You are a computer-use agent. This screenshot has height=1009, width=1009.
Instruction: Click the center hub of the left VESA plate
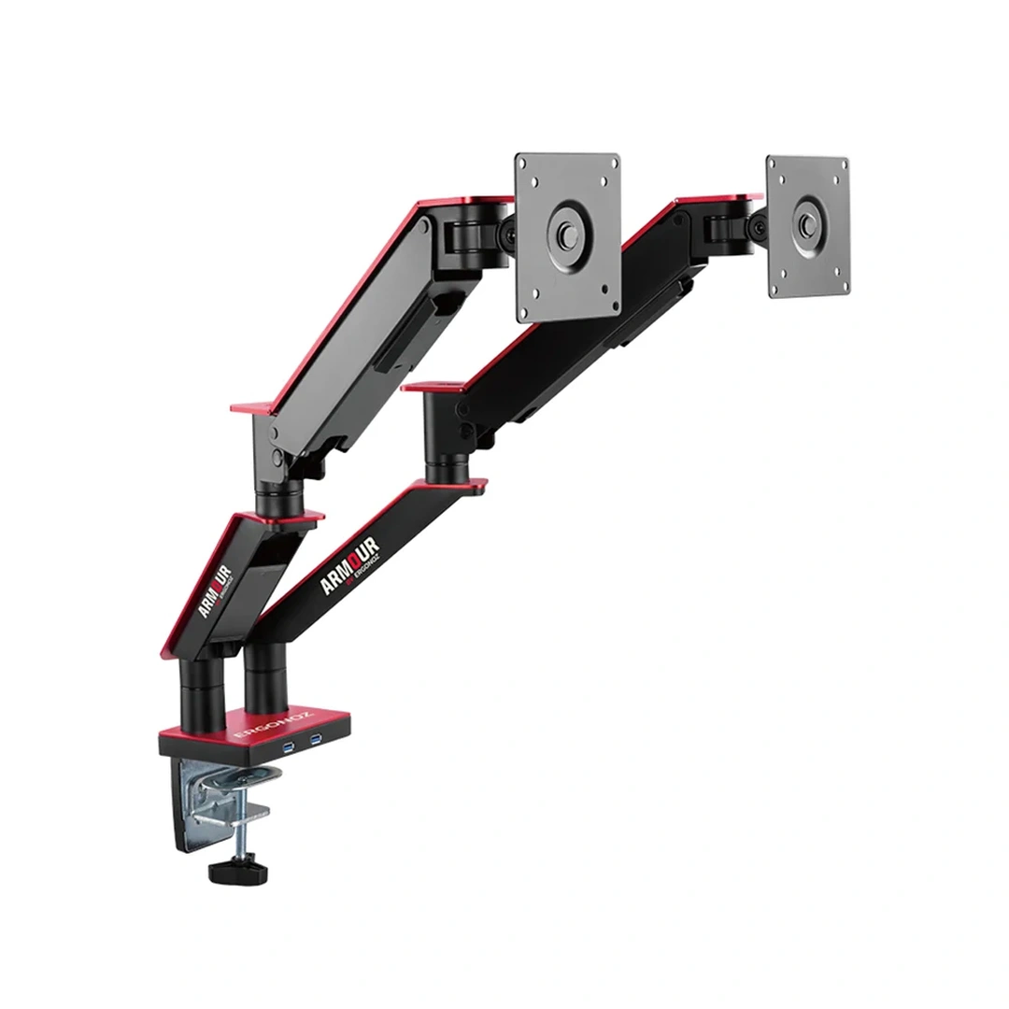pos(567,236)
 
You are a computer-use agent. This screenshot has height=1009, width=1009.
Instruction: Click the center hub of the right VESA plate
pos(806,225)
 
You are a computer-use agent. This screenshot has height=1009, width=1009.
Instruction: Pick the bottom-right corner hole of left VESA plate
pos(608,304)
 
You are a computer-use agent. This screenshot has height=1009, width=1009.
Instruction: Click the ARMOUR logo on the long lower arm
pos(350,565)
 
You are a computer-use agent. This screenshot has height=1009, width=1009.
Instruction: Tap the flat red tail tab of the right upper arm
pos(430,384)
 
